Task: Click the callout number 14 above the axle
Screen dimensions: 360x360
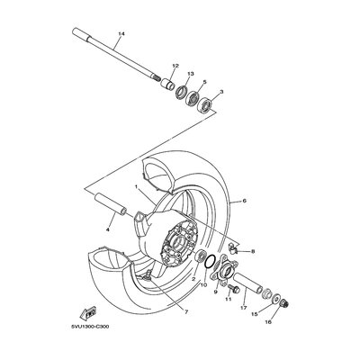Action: (121, 34)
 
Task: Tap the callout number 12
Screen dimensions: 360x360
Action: (175, 66)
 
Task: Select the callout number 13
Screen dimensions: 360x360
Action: (191, 74)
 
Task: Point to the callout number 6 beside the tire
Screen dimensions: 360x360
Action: (244, 201)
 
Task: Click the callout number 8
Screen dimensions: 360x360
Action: (253, 251)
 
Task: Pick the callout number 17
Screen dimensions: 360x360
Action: (243, 308)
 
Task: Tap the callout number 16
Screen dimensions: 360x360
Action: (268, 322)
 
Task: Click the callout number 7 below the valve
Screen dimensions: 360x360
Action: (186, 312)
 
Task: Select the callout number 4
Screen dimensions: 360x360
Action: (108, 229)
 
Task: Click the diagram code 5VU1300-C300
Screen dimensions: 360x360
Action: (90, 327)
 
